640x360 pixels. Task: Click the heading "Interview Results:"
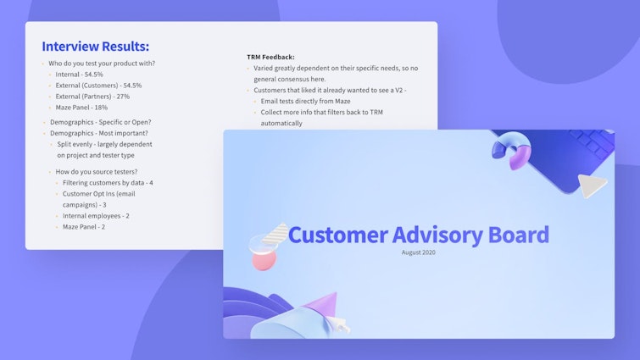(x=95, y=47)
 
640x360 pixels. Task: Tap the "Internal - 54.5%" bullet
(x=85, y=75)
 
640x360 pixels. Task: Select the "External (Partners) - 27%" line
(x=92, y=97)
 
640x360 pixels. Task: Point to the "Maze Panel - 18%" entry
(x=81, y=108)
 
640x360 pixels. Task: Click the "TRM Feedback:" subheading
(x=270, y=57)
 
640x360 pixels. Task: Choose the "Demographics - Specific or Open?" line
(x=100, y=122)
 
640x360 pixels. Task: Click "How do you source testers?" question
(x=97, y=172)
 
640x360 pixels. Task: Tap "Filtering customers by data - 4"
(x=108, y=183)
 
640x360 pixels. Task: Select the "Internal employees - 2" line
(x=96, y=216)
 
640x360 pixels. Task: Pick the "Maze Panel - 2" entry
(x=84, y=227)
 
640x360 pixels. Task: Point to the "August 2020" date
(x=419, y=252)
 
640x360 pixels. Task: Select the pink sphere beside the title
(x=264, y=259)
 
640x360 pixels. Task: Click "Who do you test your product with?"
(x=102, y=64)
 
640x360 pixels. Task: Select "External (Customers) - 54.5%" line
(x=98, y=86)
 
